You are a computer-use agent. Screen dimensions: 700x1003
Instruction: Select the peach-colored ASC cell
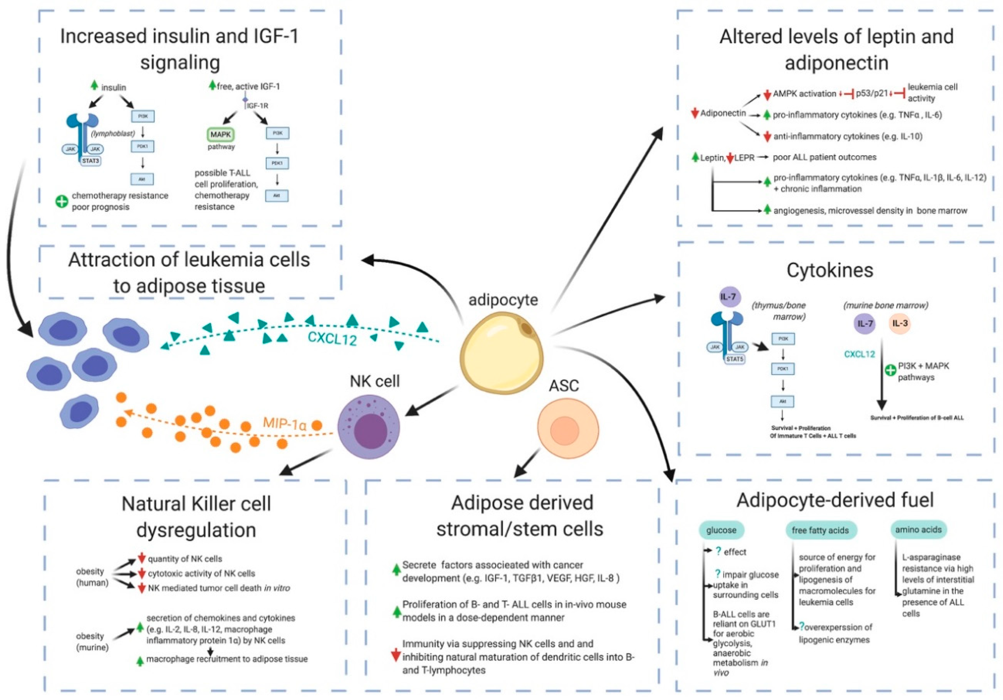pos(568,429)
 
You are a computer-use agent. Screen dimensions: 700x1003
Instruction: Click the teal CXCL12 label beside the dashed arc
pos(332,338)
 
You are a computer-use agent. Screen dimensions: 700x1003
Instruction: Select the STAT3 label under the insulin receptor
pos(90,161)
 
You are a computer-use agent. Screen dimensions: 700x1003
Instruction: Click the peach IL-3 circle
pos(900,324)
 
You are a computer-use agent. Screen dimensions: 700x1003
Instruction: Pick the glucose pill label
pos(721,530)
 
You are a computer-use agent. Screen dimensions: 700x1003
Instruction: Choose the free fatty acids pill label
pos(820,530)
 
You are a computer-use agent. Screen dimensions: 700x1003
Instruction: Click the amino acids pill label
pos(918,529)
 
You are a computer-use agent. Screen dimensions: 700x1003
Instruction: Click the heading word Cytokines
pos(829,270)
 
